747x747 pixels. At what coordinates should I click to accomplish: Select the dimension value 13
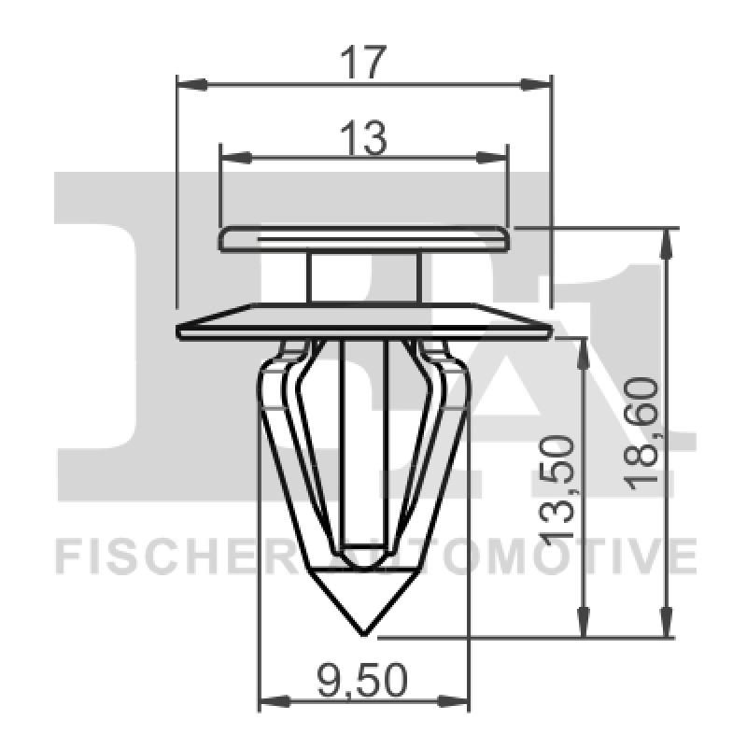point(362,139)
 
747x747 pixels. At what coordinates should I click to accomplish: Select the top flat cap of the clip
point(364,239)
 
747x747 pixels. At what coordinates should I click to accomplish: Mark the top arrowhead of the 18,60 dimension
point(666,241)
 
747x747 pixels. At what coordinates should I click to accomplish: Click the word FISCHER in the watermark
point(173,557)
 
